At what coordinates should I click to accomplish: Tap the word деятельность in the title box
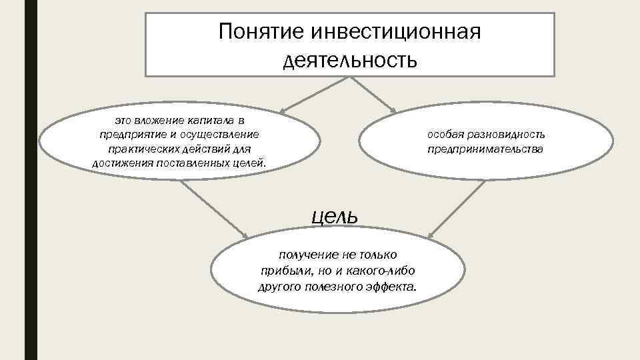pos(350,61)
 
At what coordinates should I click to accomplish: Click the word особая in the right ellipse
pos(445,135)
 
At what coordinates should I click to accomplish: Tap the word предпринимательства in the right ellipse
pos(485,149)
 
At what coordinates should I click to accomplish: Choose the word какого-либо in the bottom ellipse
pos(381,271)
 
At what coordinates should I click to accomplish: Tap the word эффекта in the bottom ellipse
pos(395,287)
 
